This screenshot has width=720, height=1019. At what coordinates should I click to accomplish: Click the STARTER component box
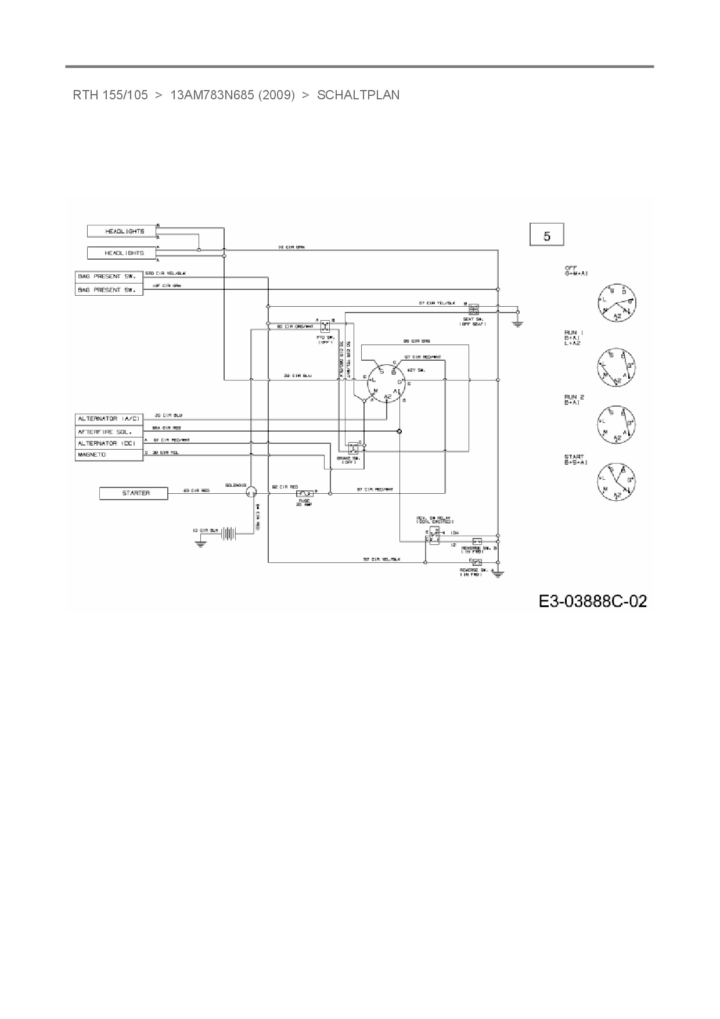coord(134,493)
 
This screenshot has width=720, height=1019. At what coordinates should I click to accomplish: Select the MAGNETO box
coord(109,455)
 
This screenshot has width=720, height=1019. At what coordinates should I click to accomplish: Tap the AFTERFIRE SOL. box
coord(109,432)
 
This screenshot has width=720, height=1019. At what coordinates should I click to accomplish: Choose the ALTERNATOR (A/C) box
coord(109,419)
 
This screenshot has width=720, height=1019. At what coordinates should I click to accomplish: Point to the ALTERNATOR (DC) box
coord(109,443)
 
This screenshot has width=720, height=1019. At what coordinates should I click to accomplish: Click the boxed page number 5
coord(547,236)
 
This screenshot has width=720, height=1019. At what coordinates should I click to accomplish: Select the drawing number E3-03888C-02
coord(592,601)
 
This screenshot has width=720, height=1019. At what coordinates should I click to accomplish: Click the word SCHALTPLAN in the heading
coord(358,95)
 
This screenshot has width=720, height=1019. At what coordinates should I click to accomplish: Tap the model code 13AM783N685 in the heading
coord(212,95)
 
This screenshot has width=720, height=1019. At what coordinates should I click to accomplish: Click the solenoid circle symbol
coord(250,493)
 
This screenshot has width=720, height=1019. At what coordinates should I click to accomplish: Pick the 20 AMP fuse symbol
coord(304,493)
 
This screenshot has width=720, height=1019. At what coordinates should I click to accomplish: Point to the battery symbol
coord(231,533)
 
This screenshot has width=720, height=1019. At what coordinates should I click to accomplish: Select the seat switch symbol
coord(474,307)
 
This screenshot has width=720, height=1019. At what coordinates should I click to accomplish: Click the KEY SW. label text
coord(416,370)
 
